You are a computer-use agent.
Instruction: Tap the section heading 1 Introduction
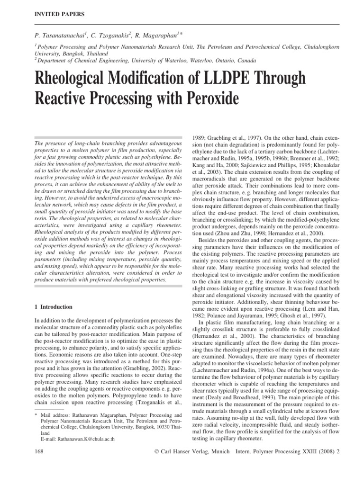[x=54, y=307]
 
